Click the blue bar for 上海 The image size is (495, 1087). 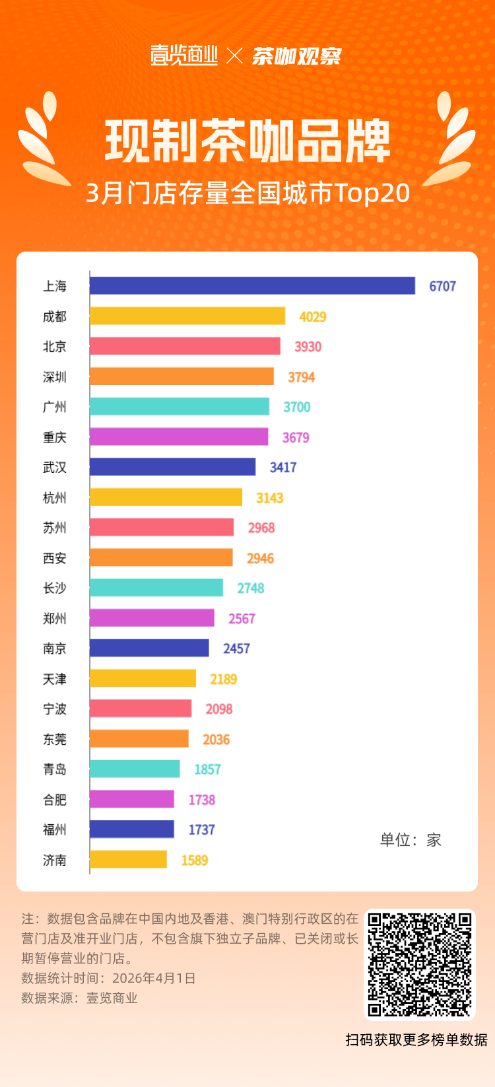[x=252, y=286]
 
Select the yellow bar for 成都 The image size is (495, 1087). [x=187, y=316]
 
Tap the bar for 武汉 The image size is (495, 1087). [x=172, y=467]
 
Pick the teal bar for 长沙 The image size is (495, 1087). [x=156, y=588]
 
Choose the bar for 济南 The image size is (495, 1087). [x=128, y=860]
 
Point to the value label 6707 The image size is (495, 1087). [x=442, y=286]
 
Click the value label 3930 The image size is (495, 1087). [x=308, y=347]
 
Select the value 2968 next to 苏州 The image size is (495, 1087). [x=261, y=528]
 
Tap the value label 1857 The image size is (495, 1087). [x=207, y=769]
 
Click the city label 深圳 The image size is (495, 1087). [x=55, y=377]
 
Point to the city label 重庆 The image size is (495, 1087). [x=55, y=437]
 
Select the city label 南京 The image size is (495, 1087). [x=55, y=649]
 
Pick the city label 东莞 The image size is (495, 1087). [x=55, y=739]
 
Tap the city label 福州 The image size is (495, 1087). [x=55, y=829]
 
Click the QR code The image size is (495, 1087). [x=420, y=965]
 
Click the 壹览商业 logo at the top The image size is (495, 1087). [x=184, y=55]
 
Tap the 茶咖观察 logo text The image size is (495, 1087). [x=296, y=56]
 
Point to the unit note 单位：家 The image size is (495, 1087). [x=410, y=840]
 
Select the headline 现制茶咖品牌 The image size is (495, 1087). [x=247, y=141]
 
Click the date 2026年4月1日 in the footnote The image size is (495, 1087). [x=154, y=978]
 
